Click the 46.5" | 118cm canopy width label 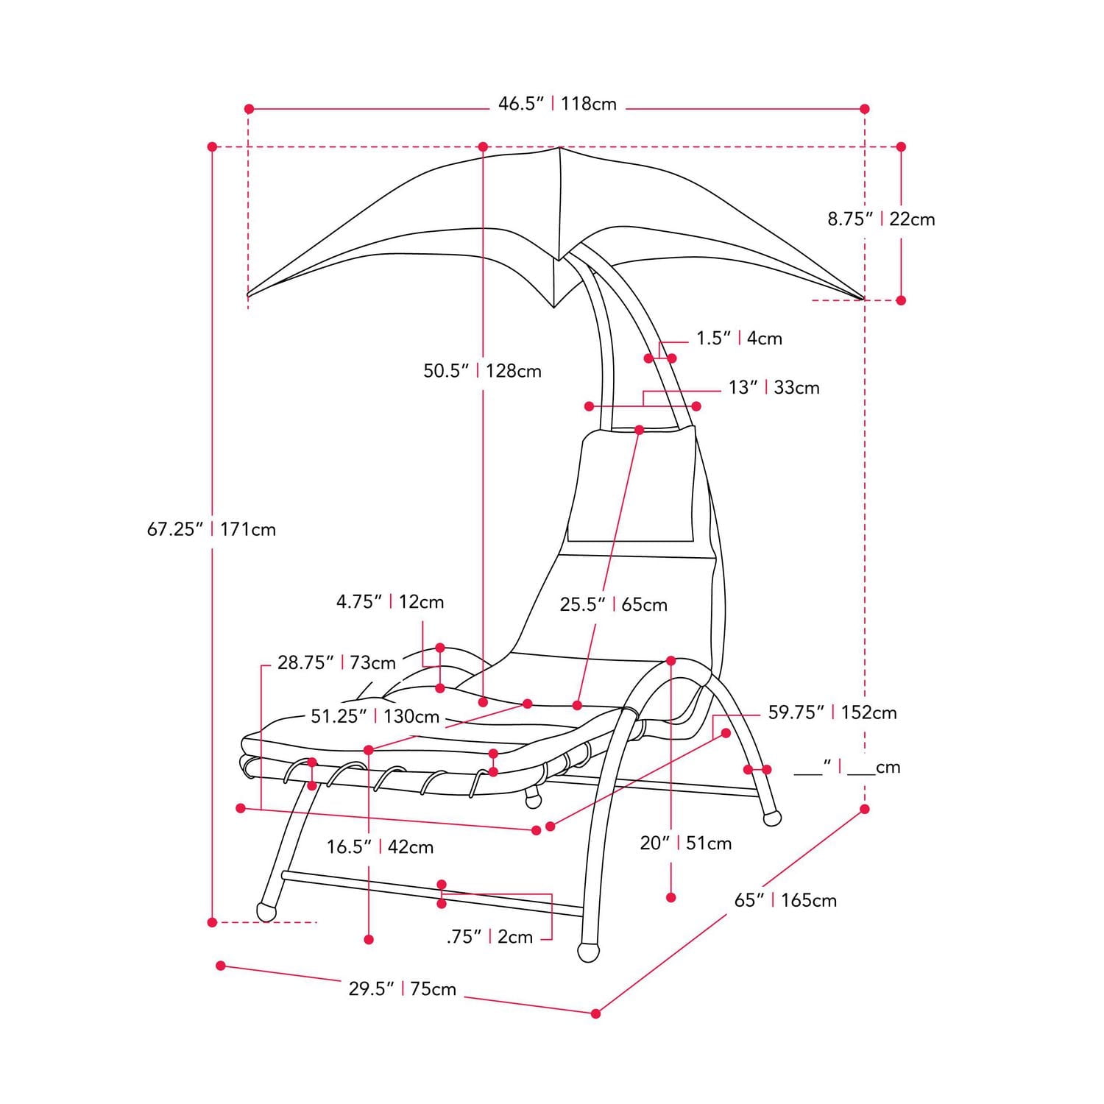557,104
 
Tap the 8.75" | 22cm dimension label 881,219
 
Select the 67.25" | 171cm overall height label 211,529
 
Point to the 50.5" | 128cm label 482,371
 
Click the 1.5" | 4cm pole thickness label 739,339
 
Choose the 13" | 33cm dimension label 774,388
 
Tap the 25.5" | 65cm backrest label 613,605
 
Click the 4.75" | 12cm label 390,602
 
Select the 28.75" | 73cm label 336,663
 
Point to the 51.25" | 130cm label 375,717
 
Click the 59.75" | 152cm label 832,712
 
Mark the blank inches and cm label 847,768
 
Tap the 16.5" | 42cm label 380,847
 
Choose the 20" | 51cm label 686,843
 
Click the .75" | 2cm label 489,937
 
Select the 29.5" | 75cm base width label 402,989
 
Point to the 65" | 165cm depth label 785,900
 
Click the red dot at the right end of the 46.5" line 865,109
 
